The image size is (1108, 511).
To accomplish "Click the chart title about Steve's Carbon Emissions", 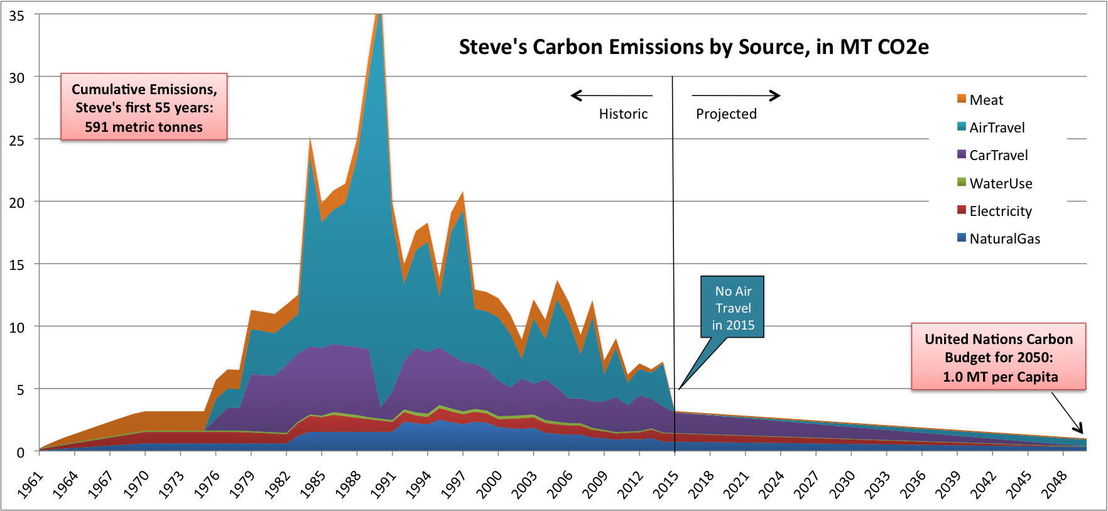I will click(x=693, y=47).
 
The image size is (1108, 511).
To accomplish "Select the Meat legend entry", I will click(x=986, y=100).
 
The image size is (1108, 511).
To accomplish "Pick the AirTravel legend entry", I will click(x=996, y=127).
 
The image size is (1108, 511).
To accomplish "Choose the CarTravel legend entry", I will click(x=998, y=155).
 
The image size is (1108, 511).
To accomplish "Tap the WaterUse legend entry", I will click(x=1000, y=183).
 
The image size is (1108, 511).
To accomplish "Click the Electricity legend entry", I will click(x=1000, y=211).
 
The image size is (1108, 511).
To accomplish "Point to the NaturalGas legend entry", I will click(x=1004, y=239).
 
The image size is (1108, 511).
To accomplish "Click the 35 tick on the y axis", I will click(x=16, y=16).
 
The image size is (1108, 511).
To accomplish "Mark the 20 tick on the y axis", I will click(x=16, y=202).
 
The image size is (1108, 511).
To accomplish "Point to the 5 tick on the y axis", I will click(x=20, y=390).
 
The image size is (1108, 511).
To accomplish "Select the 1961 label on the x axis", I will click(x=31, y=485).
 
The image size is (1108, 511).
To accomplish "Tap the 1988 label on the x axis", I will click(x=349, y=485).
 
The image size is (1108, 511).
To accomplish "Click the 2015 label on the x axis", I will click(x=666, y=485).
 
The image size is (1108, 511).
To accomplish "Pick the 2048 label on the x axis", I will click(x=1055, y=485).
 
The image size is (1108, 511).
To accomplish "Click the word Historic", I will click(x=623, y=114).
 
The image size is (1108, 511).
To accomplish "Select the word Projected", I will click(x=726, y=114).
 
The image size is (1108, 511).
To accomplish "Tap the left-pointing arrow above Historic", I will click(x=611, y=95).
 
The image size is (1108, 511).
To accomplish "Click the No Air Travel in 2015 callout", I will click(x=732, y=308).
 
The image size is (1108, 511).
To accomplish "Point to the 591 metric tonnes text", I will click(x=144, y=127).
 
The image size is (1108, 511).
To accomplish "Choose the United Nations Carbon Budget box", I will click(x=998, y=357).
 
